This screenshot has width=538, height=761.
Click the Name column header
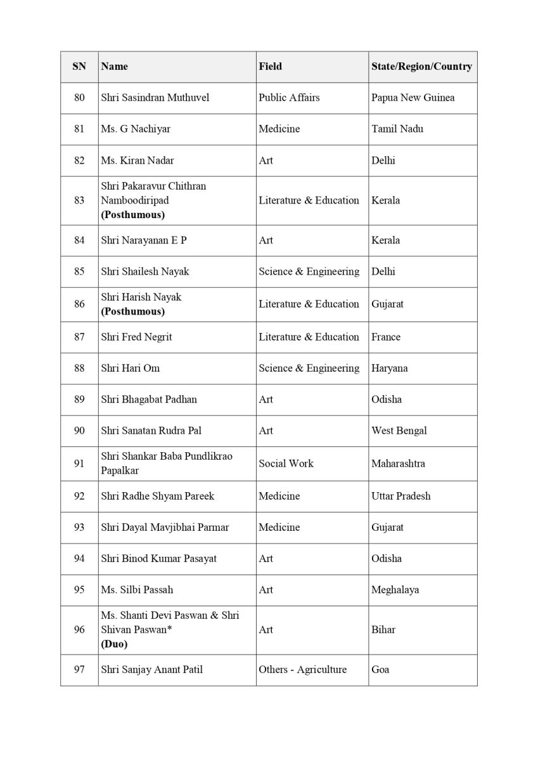tap(115, 67)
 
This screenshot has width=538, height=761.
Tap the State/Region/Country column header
tap(421, 67)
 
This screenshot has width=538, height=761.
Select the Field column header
tap(270, 67)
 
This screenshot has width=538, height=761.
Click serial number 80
tap(79, 98)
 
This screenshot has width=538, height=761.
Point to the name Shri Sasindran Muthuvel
tap(155, 98)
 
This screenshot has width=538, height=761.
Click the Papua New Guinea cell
tap(413, 98)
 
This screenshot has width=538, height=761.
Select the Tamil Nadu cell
tap(397, 129)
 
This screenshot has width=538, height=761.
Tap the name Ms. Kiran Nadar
tap(137, 160)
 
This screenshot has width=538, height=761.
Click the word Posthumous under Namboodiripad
tap(133, 214)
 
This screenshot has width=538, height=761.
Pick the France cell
tap(386, 337)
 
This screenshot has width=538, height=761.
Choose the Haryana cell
tap(389, 368)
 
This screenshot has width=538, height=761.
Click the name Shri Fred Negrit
tap(136, 337)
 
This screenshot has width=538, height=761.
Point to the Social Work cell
tap(286, 464)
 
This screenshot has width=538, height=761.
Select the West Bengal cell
tap(399, 431)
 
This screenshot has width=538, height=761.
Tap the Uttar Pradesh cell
tap(400, 496)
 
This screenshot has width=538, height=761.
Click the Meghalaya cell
tap(395, 590)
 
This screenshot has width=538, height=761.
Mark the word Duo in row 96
tap(114, 644)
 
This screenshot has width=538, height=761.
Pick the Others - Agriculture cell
tap(302, 670)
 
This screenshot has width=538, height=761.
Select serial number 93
tap(79, 528)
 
